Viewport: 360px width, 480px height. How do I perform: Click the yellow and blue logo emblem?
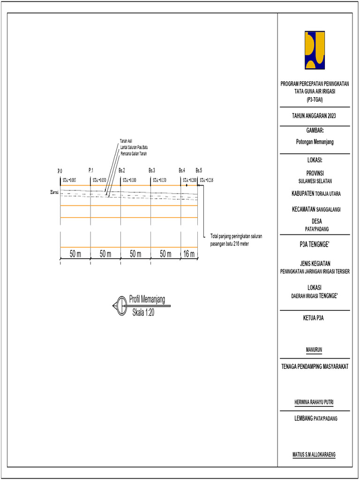[315, 50]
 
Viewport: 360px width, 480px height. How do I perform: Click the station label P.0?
[60, 171]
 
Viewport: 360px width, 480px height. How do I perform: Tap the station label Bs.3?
[152, 171]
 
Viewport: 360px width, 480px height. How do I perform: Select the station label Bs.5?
[199, 171]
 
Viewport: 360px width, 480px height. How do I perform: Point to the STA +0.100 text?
[129, 180]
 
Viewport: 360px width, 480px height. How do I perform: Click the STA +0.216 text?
[206, 180]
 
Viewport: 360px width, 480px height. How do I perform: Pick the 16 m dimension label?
[189, 254]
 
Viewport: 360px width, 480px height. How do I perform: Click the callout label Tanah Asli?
[126, 141]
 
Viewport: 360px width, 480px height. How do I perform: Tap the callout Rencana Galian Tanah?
[134, 153]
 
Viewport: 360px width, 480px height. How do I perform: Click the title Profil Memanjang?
[147, 300]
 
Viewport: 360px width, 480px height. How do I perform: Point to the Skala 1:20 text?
[143, 313]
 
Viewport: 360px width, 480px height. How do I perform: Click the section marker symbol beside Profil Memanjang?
[119, 306]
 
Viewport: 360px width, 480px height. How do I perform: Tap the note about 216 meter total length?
[236, 240]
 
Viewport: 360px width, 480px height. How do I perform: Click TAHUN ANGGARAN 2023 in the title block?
[315, 116]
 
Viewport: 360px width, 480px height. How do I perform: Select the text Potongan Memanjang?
[315, 141]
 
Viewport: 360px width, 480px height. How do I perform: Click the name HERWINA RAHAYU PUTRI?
[315, 402]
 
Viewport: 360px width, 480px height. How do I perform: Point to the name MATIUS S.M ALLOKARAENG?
[315, 454]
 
